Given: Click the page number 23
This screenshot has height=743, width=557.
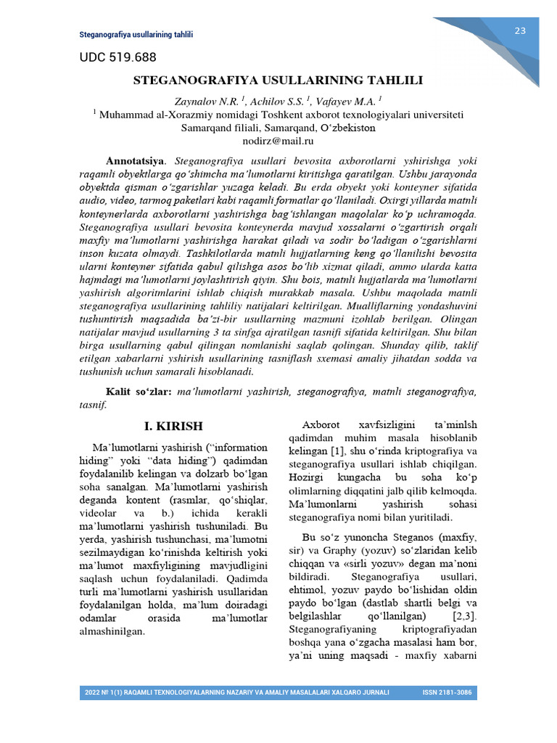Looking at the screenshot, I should (x=520, y=30).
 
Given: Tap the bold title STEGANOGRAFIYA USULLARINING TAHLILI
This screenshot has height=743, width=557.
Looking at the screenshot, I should (x=278, y=81).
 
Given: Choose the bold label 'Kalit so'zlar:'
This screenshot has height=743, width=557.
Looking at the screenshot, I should (x=139, y=392).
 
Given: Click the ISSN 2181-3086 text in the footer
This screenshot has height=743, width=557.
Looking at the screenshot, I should (x=447, y=692).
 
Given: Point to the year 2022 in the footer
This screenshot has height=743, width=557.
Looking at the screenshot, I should (x=93, y=692).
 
